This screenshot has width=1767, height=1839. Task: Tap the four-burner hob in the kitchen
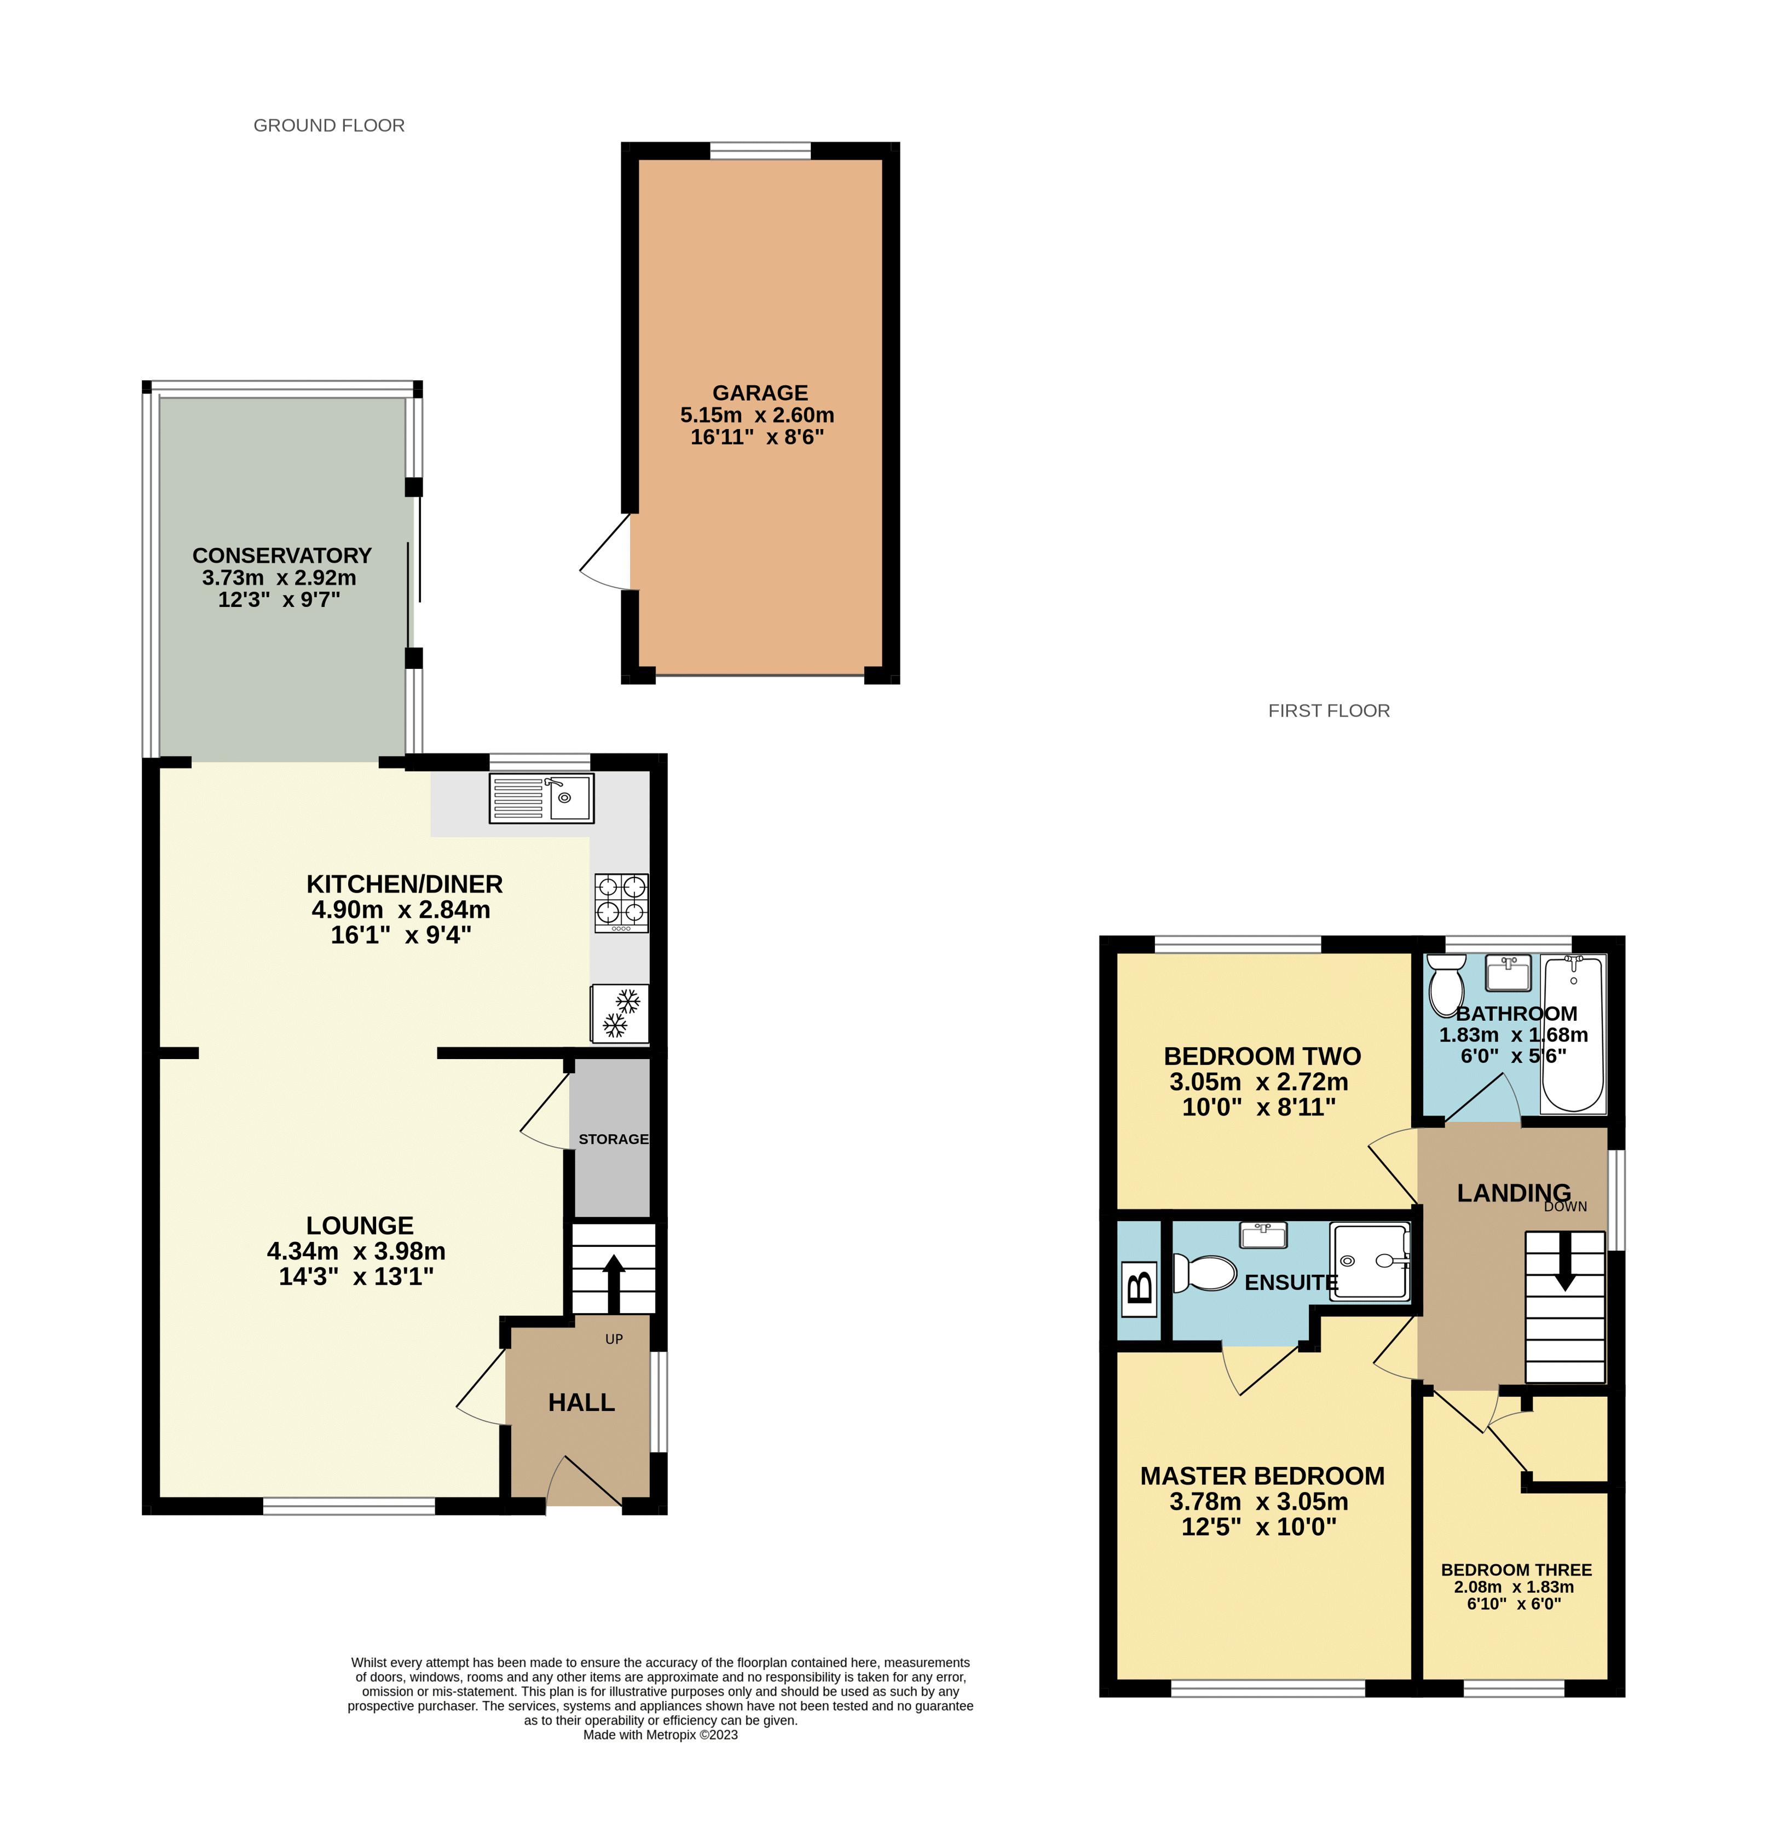click(620, 903)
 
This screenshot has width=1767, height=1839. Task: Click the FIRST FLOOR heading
click(1329, 711)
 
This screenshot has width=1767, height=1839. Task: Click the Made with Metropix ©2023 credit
click(661, 1735)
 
